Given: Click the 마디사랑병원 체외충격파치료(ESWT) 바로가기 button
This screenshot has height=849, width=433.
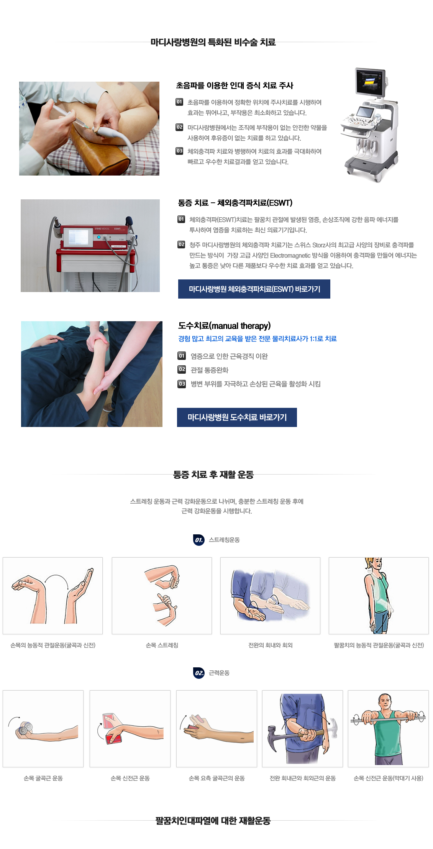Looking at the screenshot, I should tap(254, 289).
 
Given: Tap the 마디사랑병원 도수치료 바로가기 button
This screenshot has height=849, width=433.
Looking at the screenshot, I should tap(237, 417).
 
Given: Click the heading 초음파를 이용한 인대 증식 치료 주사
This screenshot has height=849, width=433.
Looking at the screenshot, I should tap(235, 85).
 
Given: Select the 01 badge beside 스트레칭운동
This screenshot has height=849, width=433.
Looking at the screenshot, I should tap(199, 540).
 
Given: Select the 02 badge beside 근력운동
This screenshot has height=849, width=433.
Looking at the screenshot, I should tap(199, 673).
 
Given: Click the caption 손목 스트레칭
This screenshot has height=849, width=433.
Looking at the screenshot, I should tap(162, 645).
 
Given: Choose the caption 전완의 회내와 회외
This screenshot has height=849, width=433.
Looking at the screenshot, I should tap(270, 645).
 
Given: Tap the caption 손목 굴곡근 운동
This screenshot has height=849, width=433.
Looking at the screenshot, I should tap(43, 778).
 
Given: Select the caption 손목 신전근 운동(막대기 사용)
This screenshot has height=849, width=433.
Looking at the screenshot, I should tap(388, 778).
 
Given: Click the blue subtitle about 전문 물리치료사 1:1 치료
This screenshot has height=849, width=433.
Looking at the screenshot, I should tap(257, 339).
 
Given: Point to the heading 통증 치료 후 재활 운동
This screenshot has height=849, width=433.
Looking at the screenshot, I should tap(213, 475).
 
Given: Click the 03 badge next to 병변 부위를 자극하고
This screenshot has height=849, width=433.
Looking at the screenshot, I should tap(182, 384).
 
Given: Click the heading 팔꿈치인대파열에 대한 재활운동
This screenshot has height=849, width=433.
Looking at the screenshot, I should tap(213, 821).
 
